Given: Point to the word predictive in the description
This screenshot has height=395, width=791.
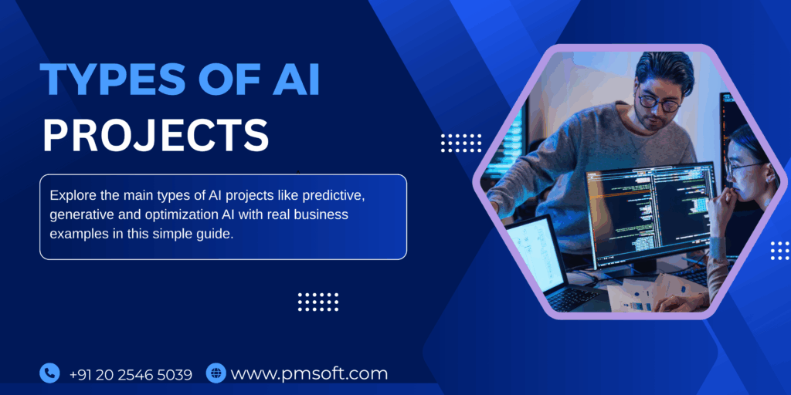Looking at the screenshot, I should tap(333, 194).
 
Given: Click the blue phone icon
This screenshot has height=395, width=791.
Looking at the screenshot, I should tap(49, 373).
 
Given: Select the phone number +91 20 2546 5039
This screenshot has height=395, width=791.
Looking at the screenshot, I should tap(131, 374).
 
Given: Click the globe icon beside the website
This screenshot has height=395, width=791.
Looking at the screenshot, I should tap(216, 373).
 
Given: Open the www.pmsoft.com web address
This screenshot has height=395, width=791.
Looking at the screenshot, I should tap(309, 374).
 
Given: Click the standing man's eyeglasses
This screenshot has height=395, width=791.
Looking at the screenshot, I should tap(658, 101).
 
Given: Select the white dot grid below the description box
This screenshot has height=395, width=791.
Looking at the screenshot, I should tap(318, 302).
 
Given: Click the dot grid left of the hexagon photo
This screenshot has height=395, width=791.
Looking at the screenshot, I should tap(461, 143).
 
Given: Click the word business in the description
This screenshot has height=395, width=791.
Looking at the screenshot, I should tap(324, 214).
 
